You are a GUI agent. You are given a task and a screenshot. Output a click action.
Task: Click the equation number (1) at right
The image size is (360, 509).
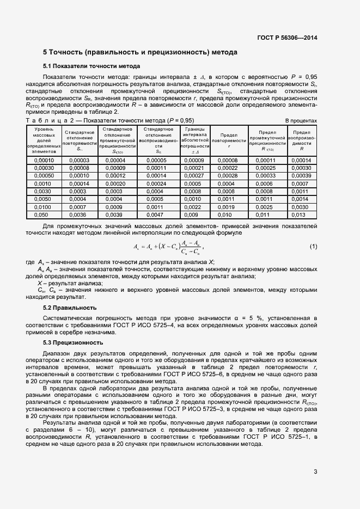(x=313, y=247)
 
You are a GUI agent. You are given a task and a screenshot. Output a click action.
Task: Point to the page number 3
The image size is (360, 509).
(x=315, y=471)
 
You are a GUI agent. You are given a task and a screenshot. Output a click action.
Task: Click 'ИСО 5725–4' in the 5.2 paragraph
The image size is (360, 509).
(x=186, y=325)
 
